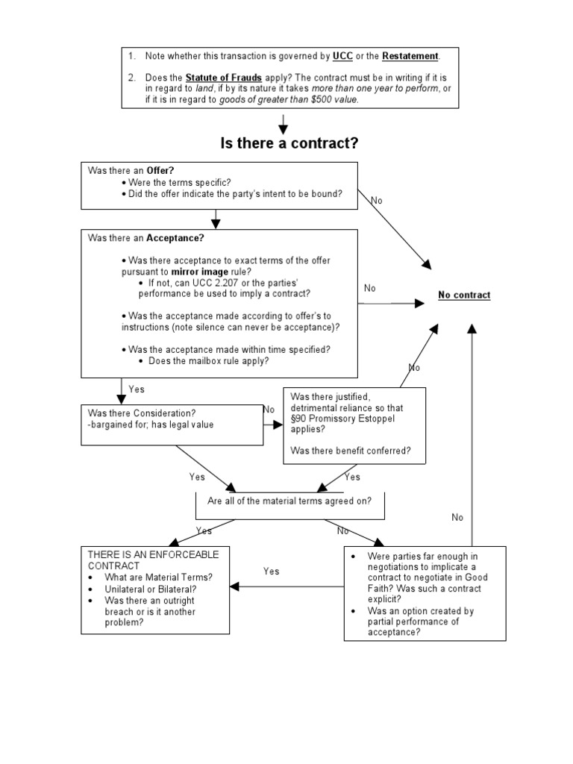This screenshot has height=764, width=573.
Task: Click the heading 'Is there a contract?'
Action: point(289,143)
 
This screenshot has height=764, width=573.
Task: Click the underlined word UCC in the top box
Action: point(342,56)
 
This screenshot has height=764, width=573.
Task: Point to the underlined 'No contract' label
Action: point(464,295)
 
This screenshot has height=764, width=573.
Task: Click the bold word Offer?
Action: point(161,171)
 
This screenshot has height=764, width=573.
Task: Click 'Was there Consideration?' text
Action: point(142,413)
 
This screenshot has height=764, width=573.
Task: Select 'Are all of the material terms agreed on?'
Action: point(289,501)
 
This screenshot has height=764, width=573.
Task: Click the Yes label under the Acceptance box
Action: point(137,389)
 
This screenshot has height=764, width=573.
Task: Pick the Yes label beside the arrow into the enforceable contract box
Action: point(272,572)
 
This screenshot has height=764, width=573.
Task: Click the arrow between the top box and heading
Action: point(284,124)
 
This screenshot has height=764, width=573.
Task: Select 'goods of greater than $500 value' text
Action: point(288,99)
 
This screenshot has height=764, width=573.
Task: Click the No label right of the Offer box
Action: point(376,201)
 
